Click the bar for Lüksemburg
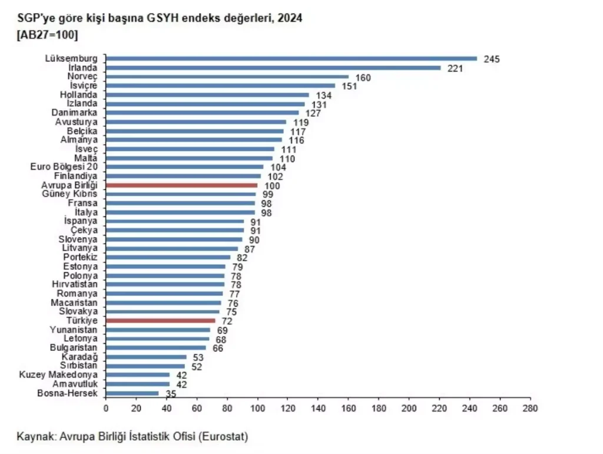pos(291,58)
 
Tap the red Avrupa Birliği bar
pos(182,185)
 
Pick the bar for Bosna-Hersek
pos(132,393)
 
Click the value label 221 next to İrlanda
pos(455,68)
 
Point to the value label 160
pos(363,77)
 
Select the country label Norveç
pos(83,77)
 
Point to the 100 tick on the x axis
pos(257,407)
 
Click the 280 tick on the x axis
pos(530,407)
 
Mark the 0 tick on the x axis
pos(106,407)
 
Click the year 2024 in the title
pos(290,19)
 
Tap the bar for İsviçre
pos(221,85)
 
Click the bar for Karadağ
pos(147,357)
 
